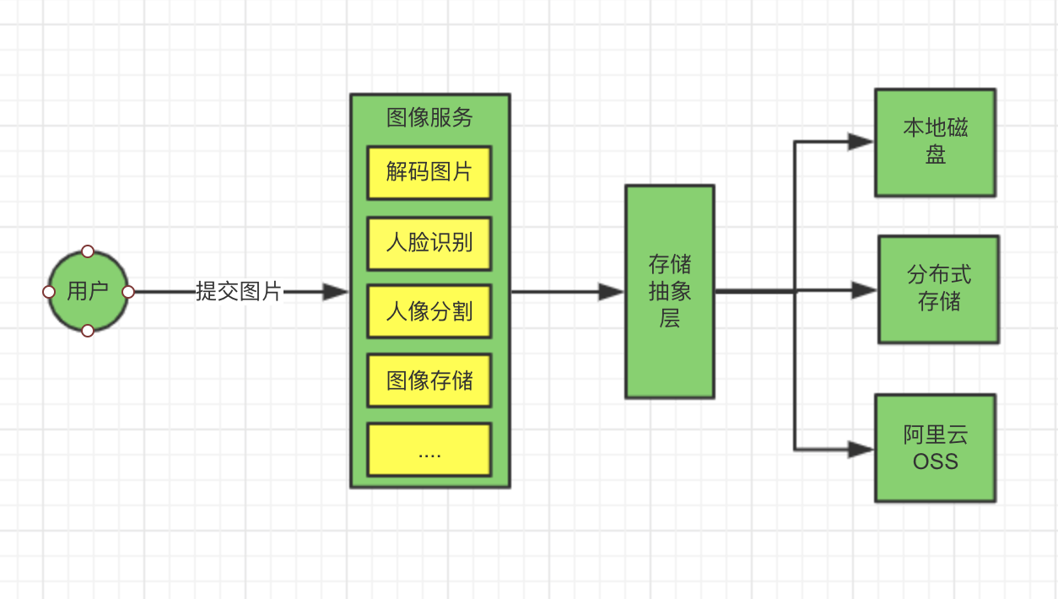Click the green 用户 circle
pos(88,292)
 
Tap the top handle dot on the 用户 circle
pos(88,251)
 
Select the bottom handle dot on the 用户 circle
pos(88,331)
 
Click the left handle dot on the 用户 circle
pos(49,292)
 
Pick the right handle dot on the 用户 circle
pos(128,292)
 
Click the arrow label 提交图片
pos(239,292)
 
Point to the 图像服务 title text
pos(429,117)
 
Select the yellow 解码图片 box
pos(429,173)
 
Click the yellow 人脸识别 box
pos(429,243)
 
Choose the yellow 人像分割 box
pos(429,312)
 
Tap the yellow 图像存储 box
pos(429,381)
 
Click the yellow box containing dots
pos(429,450)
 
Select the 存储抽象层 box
pos(670,292)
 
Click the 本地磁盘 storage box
pos(935,142)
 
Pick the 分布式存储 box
pos(938,289)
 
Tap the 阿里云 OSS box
pos(935,448)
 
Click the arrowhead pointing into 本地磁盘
pos(861,142)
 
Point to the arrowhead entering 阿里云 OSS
pos(861,450)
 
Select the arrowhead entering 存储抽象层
pos(611,292)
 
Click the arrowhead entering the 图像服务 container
pos(336,292)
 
